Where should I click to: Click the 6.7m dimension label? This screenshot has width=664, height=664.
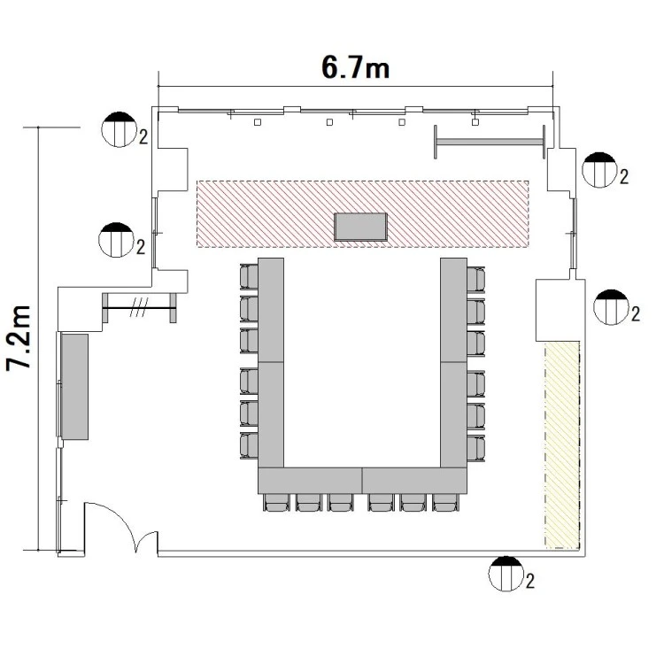[x=355, y=68]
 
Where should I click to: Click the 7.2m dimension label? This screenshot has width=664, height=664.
[x=19, y=338]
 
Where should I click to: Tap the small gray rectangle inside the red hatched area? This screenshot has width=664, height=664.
[x=360, y=227]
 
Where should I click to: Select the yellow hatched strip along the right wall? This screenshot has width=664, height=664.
[x=562, y=445]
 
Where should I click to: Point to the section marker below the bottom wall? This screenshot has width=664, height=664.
[x=506, y=574]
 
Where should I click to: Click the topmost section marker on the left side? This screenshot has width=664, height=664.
[x=119, y=129]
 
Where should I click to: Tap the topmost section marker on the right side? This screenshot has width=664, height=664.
[x=599, y=170]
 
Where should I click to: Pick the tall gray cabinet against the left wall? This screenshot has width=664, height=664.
[x=74, y=387]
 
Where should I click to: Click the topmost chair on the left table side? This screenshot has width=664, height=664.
[x=249, y=276]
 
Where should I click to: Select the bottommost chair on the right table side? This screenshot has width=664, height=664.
[x=476, y=448]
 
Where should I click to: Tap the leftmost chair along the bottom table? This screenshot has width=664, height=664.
[x=277, y=503]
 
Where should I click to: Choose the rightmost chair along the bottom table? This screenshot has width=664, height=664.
[x=446, y=503]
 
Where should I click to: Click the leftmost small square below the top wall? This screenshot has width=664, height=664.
[x=258, y=122]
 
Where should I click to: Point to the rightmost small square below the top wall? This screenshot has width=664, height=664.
[x=475, y=122]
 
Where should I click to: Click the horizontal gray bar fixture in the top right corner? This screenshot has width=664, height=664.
[x=490, y=142]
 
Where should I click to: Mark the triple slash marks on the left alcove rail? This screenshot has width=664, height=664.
[x=139, y=307]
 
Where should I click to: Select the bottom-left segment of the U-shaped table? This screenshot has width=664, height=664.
[x=311, y=481]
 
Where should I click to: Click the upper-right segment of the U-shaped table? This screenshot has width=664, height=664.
[x=453, y=310]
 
